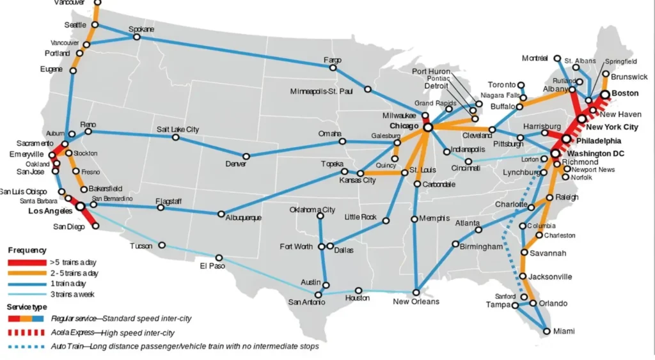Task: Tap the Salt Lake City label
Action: click(x=178, y=129)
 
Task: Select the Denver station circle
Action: click(x=246, y=156)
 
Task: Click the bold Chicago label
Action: click(x=404, y=127)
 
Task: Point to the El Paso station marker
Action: click(x=219, y=258)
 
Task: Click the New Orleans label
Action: click(x=416, y=301)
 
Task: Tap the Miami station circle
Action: click(x=546, y=331)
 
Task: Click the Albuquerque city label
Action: click(x=243, y=218)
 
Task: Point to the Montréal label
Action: click(x=535, y=58)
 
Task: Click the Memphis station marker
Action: click(x=414, y=219)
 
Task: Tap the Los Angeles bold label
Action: click(x=50, y=211)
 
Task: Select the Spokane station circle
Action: click(x=136, y=37)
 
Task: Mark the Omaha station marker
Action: click(x=342, y=141)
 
